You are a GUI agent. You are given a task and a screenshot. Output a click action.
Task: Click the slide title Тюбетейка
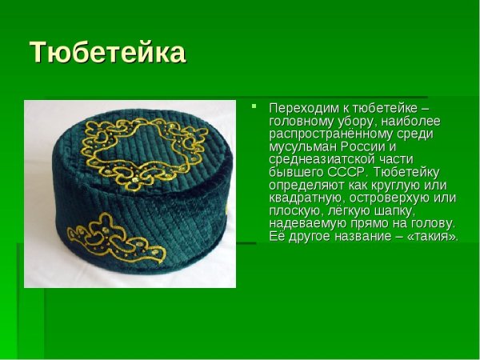[x=107, y=53]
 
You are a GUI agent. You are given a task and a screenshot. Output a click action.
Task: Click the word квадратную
[x=302, y=198]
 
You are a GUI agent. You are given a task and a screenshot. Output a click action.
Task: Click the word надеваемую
[x=305, y=223]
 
